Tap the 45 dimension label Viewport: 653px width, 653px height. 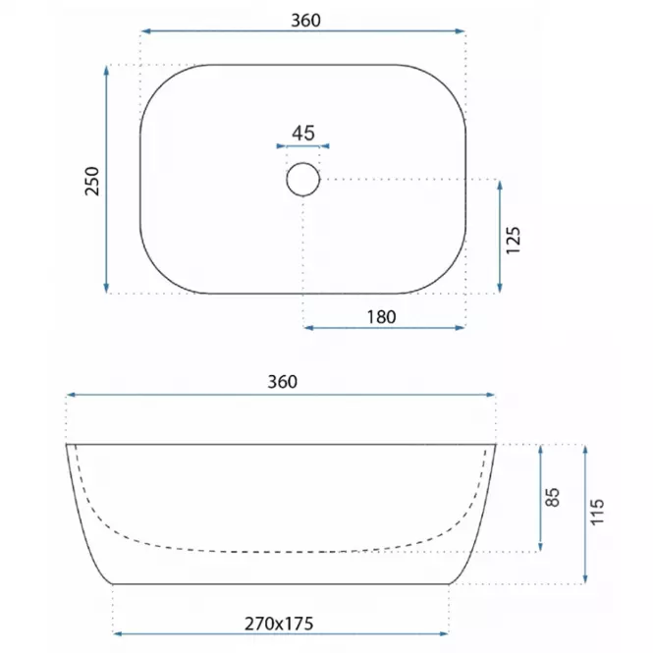pyautogui.click(x=303, y=134)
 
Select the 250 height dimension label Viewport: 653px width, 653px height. pyautogui.click(x=92, y=181)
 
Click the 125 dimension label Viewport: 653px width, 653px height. pyautogui.click(x=513, y=240)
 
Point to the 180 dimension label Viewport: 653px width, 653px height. pyautogui.click(x=381, y=317)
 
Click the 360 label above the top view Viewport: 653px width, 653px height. pyautogui.click(x=305, y=21)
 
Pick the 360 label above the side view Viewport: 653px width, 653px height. pyautogui.click(x=283, y=382)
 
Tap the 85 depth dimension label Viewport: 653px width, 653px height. pyautogui.click(x=552, y=497)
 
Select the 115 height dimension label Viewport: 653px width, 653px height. pyautogui.click(x=597, y=512)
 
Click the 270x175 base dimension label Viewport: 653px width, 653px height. pyautogui.click(x=279, y=624)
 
